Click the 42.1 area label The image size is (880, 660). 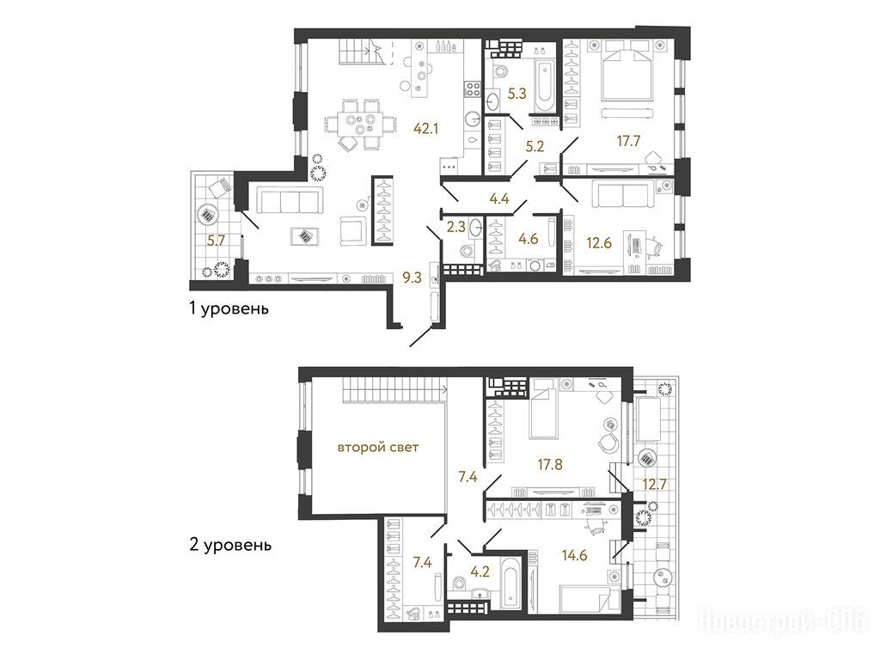point(426,129)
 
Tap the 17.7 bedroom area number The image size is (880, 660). point(628,141)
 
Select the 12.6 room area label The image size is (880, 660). point(599,243)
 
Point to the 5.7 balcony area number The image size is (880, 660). point(216,241)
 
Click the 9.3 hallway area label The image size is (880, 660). point(412,278)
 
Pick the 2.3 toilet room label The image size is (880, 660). point(455,227)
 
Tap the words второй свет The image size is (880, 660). point(378,448)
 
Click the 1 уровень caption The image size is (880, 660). point(229,309)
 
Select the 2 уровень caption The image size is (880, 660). point(230,545)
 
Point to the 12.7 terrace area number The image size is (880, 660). point(654,483)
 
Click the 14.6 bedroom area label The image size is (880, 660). point(574,555)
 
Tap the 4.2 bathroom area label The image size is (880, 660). point(480,571)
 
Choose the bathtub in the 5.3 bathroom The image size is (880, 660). point(544,88)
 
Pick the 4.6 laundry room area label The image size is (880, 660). point(529,239)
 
